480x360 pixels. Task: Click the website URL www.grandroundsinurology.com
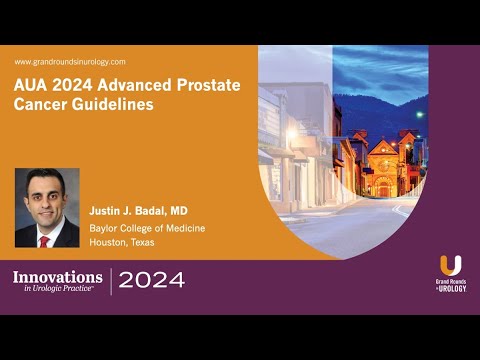click(70, 62)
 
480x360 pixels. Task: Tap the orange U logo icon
click(451, 266)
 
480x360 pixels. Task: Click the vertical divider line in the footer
click(111, 281)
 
